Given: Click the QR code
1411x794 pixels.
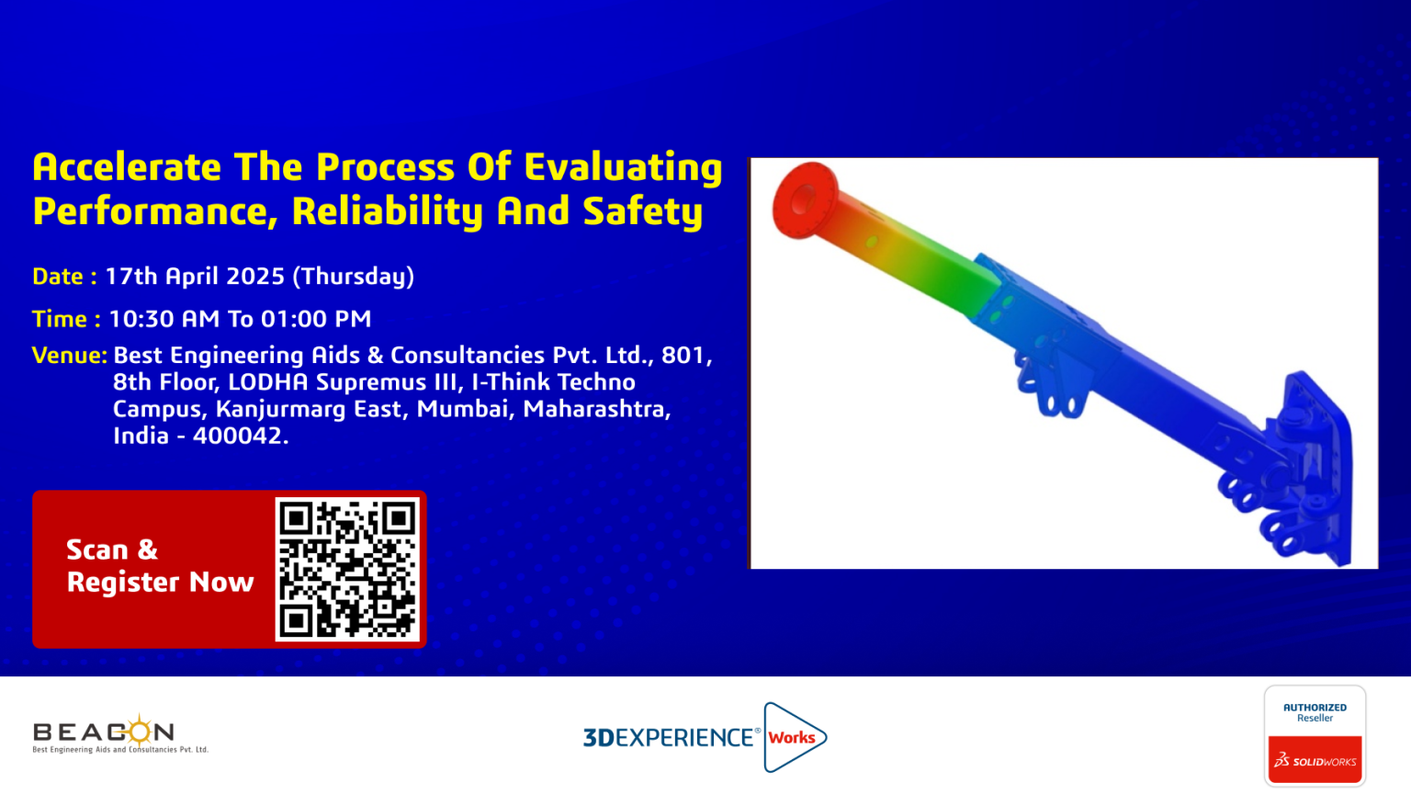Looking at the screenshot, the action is [x=347, y=569].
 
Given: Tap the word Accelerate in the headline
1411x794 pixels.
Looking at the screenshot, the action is [x=127, y=167].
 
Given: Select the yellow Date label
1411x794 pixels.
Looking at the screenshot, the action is [x=64, y=276].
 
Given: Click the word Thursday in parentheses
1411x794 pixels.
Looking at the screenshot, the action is [x=354, y=277].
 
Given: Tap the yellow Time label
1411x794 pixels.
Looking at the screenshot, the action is [x=66, y=319].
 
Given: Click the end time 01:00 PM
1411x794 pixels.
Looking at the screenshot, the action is [x=316, y=319].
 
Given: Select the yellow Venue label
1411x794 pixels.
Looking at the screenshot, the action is [x=70, y=356].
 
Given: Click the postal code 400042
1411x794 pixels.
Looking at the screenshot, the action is [x=241, y=437].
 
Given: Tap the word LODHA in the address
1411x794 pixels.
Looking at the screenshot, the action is [x=267, y=382].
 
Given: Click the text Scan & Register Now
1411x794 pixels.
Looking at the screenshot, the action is [x=160, y=566].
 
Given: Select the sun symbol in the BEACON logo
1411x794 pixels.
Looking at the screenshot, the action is [x=140, y=731].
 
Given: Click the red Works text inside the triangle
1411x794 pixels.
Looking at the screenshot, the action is [x=792, y=737].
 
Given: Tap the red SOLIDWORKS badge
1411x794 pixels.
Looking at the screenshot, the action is [x=1315, y=759].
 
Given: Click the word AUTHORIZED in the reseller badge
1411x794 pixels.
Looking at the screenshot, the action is [x=1315, y=708].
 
